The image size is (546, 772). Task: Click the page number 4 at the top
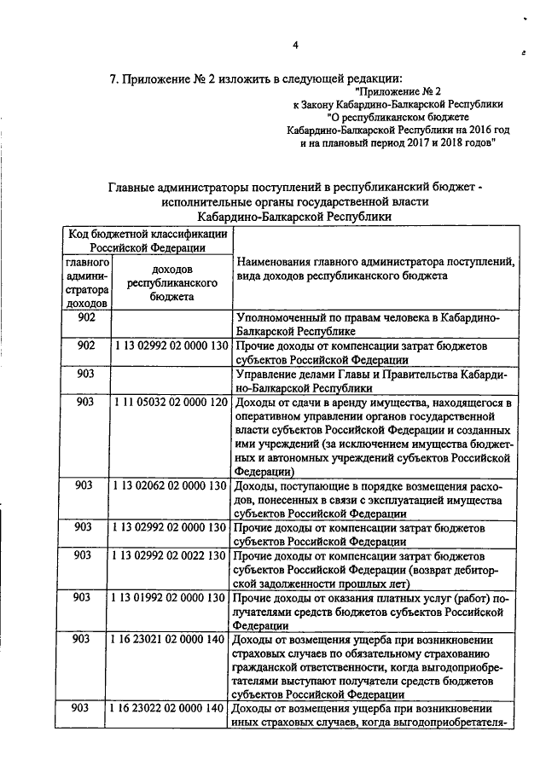[x=294, y=44]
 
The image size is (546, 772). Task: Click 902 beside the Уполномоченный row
[x=85, y=316]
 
